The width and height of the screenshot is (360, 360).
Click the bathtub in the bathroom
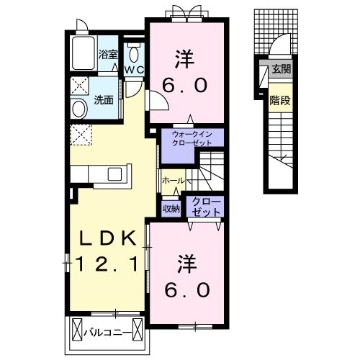tap(84, 53)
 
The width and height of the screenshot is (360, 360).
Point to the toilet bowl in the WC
tap(134, 54)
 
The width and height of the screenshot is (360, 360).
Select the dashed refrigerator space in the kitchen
tap(79, 134)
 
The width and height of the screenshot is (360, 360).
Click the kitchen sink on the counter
tap(115, 174)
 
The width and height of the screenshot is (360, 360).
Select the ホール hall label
tap(174, 180)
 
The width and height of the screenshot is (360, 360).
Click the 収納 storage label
tap(171, 208)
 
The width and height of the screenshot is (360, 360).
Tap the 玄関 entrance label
tap(281, 68)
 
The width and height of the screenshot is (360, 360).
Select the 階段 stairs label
tap(281, 99)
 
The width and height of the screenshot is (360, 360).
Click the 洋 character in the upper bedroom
tap(184, 56)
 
